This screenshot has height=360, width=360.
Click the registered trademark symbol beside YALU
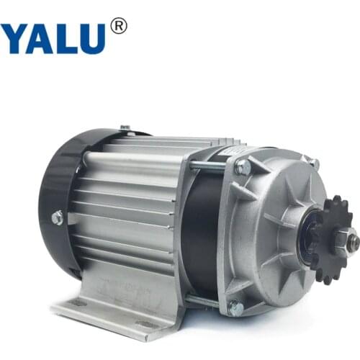pos(119,26)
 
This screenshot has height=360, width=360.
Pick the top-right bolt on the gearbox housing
pos(312,163)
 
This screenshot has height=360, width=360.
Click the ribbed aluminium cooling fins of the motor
pos(130,209)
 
